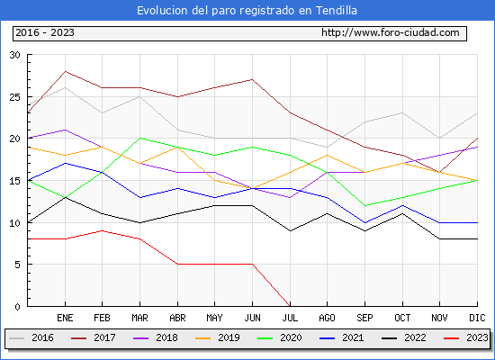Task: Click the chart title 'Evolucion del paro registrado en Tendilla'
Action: (x=247, y=11)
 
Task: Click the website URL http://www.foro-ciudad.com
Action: (x=391, y=32)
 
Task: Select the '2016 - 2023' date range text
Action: (x=45, y=32)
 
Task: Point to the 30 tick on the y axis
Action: (x=14, y=55)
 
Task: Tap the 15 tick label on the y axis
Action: (x=14, y=181)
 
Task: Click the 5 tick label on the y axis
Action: (x=17, y=265)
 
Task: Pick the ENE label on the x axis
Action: (x=65, y=318)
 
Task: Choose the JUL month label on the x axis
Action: (x=290, y=318)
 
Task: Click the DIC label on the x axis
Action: (x=477, y=318)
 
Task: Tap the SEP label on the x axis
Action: (x=364, y=318)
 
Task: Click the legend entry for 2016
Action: (x=31, y=337)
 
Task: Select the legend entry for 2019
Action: (x=218, y=337)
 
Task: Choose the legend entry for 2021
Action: (x=342, y=337)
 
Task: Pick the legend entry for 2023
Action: (x=466, y=337)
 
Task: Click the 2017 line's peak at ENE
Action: (x=65, y=71)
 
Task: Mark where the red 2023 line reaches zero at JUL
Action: (x=290, y=306)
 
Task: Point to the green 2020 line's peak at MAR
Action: (x=139, y=138)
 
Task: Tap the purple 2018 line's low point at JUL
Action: (x=290, y=197)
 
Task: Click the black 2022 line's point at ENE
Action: (x=65, y=197)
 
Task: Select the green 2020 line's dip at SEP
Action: (x=364, y=205)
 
